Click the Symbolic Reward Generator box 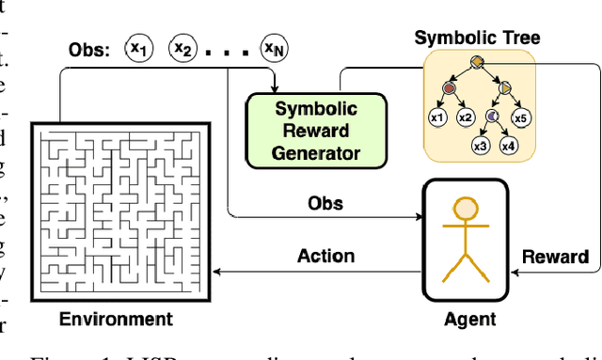304,128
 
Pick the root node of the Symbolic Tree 477,62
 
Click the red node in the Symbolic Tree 450,87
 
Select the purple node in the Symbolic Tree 491,116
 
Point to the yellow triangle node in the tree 505,87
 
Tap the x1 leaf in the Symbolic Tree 437,117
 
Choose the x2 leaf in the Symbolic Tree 465,117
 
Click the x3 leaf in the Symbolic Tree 481,146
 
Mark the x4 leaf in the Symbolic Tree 509,146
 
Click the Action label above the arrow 325,255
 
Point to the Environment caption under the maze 117,319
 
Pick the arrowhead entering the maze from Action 218,271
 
